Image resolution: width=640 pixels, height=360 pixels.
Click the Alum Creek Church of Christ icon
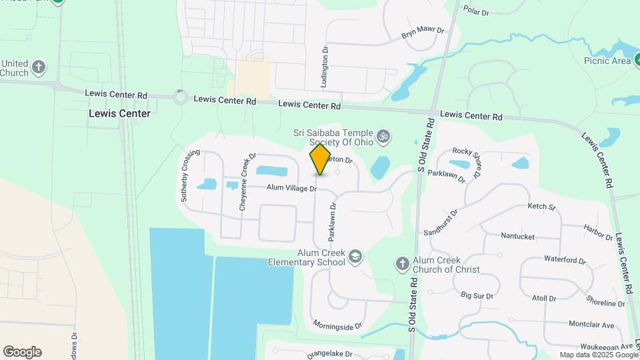(x=402, y=264)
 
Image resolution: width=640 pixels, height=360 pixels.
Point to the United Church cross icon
(x=39, y=67)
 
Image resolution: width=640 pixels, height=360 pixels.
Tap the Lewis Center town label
(x=119, y=113)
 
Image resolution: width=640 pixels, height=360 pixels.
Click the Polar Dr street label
(x=476, y=11)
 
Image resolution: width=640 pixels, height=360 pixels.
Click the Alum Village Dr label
(x=291, y=189)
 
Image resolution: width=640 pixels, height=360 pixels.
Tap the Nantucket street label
(x=518, y=236)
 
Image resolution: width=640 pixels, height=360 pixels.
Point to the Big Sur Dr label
(x=477, y=295)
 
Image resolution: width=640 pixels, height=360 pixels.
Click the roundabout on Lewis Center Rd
(x=179, y=98)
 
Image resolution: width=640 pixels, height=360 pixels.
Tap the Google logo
(x=22, y=351)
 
